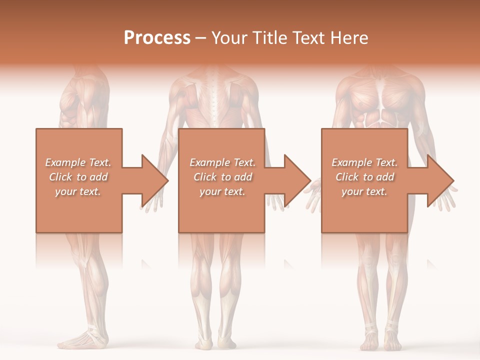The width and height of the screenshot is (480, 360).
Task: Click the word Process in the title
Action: coord(157,38)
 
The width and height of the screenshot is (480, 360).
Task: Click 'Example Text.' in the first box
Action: coord(78,162)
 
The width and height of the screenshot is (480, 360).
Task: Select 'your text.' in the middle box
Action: coord(222,191)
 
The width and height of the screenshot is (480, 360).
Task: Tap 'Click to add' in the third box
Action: coord(364,177)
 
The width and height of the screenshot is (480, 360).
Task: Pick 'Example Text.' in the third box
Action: coord(364,162)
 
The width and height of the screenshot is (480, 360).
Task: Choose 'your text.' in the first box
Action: coord(78,191)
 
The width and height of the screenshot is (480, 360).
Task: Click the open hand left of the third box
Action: coord(313,195)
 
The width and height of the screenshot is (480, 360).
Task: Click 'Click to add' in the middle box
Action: coord(222,177)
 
